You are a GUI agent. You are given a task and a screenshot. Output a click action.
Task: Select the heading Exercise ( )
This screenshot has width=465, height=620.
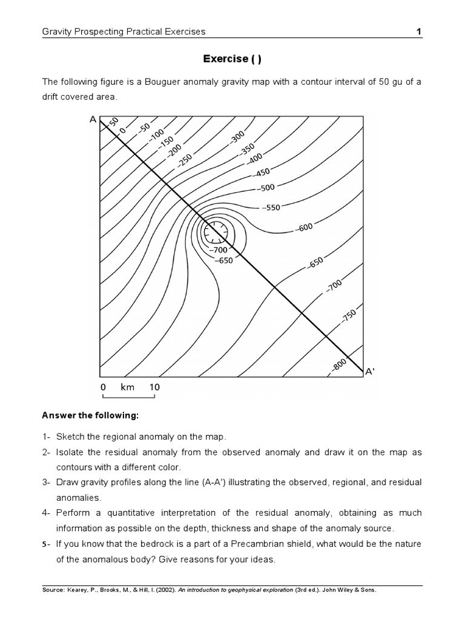click(232, 59)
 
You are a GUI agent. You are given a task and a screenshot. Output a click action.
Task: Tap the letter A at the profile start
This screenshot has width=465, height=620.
click(93, 120)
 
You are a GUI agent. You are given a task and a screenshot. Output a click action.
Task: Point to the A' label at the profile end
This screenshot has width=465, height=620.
click(370, 372)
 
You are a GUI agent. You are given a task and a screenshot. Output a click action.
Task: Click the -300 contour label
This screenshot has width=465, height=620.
click(237, 137)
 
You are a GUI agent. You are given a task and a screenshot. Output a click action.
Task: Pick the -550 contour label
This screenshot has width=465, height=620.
click(271, 208)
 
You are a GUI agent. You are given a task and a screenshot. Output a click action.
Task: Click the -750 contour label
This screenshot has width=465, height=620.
click(349, 317)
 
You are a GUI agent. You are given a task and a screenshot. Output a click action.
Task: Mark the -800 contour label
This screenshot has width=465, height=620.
click(339, 364)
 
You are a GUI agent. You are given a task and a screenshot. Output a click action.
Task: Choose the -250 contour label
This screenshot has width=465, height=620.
click(185, 160)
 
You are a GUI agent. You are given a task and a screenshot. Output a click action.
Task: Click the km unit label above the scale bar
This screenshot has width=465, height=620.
click(127, 387)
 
